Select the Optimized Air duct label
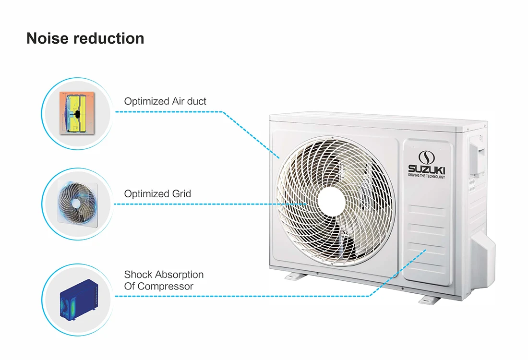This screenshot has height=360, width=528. point(165,101)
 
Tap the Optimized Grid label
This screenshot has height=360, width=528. point(157,194)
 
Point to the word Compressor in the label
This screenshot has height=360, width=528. point(166,286)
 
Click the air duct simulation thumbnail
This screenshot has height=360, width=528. point(76,112)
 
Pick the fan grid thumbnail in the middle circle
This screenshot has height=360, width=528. point(76,204)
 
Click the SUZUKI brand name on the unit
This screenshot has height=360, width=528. point(426,168)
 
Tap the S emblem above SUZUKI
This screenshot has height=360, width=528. point(426,156)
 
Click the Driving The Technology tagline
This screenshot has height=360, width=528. point(426,176)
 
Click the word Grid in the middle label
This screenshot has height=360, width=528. point(181,194)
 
